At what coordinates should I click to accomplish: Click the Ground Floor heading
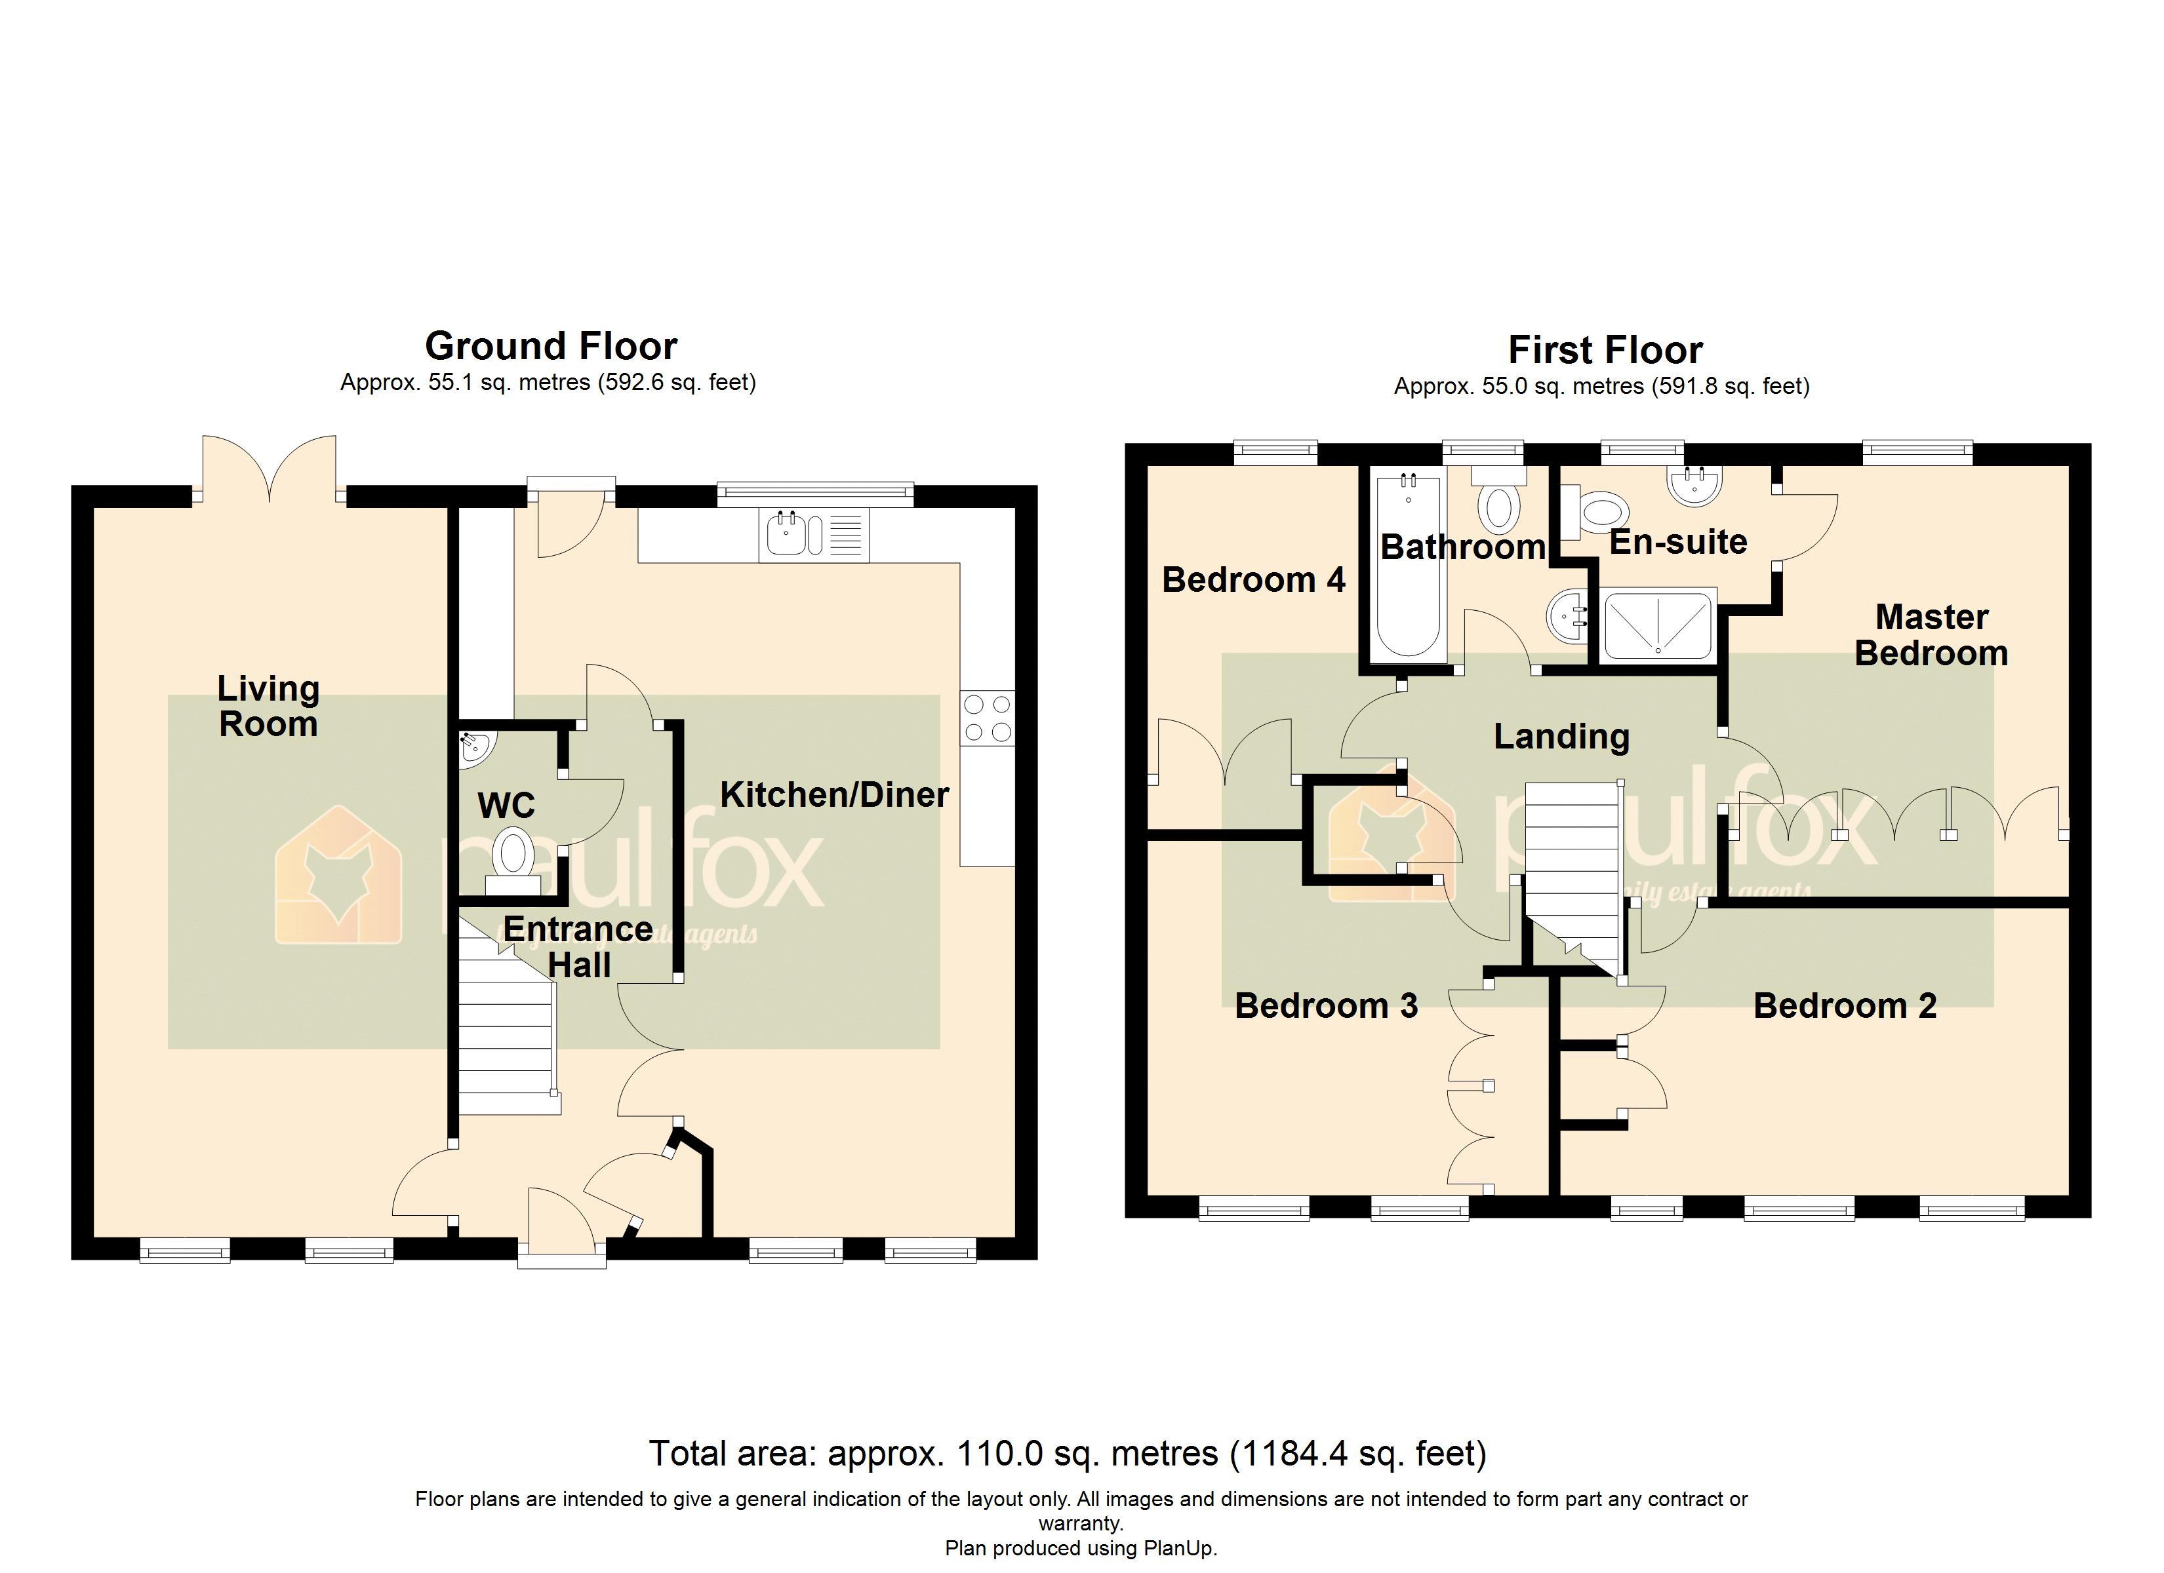tap(551, 345)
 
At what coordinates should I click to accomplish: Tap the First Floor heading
tap(1605, 350)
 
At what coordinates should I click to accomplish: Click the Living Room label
tap(268, 706)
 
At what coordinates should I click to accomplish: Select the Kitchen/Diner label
tap(834, 794)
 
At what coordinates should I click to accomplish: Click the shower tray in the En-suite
tap(1658, 625)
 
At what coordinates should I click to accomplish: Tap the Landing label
tap(1561, 737)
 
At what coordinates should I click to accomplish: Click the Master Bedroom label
tap(1931, 635)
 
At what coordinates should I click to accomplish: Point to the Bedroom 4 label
tap(1252, 580)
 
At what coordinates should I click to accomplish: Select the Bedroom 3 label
tap(1325, 1005)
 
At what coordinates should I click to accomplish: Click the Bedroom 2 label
tap(1845, 1005)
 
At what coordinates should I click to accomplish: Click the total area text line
tap(1067, 1453)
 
